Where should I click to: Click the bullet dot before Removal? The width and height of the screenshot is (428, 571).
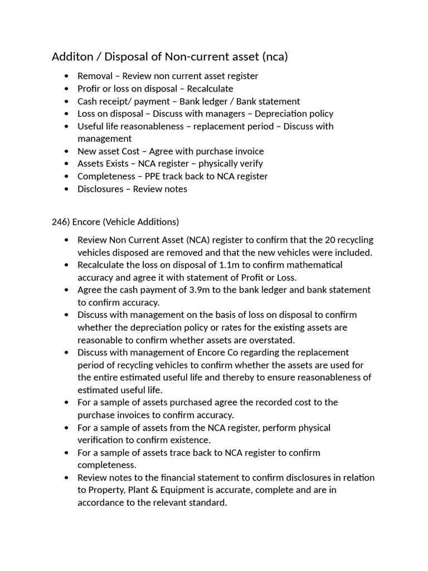67,76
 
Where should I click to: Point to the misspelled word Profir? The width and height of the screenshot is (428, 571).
90,89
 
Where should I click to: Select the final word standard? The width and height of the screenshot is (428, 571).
208,503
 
